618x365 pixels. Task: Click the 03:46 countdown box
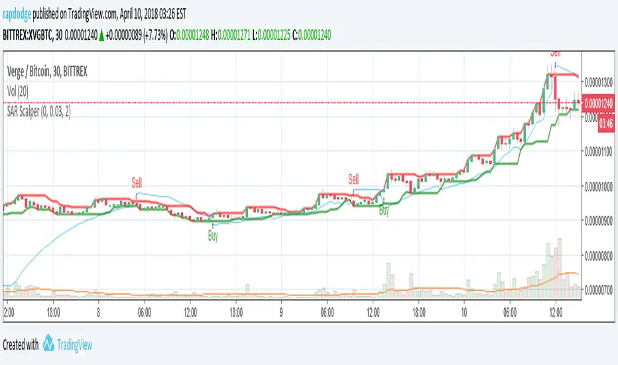tap(605, 123)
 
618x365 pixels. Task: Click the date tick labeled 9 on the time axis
tap(280, 310)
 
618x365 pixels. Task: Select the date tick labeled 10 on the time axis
tap(464, 310)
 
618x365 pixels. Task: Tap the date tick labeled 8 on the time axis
tap(98, 310)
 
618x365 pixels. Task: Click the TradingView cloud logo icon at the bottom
tap(49, 344)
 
